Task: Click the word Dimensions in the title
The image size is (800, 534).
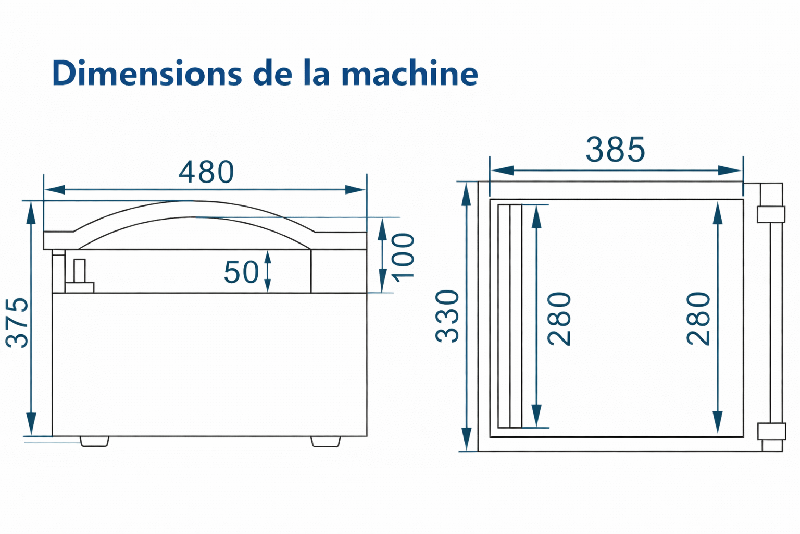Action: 147,74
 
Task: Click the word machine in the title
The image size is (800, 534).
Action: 410,74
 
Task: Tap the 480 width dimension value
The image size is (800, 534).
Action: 206,172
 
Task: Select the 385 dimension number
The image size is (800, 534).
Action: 615,149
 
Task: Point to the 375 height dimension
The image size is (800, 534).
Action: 17,322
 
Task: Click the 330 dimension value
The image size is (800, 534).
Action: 447,316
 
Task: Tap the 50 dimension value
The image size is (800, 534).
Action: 241,272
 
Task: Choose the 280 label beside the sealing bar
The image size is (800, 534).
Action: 559,319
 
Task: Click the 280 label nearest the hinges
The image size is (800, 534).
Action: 698,319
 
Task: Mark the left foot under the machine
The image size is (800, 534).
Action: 94,441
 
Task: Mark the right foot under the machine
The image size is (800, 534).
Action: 326,441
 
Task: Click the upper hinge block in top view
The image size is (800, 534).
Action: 771,214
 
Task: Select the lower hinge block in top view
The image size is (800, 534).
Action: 771,431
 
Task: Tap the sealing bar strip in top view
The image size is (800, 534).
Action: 510,316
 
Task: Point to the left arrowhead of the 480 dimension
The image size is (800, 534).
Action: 55,190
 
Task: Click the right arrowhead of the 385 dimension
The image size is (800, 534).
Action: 730,171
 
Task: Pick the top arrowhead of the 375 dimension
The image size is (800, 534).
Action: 31,213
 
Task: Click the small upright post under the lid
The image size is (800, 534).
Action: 80,271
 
